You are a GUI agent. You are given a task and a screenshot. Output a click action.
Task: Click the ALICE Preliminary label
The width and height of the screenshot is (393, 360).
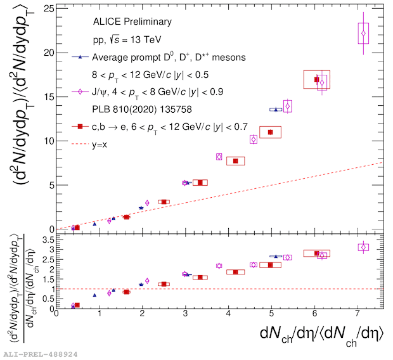132,22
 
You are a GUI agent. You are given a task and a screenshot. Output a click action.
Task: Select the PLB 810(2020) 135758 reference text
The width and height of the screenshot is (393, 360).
132,109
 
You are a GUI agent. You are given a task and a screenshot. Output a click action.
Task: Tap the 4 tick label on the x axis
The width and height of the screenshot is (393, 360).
228,312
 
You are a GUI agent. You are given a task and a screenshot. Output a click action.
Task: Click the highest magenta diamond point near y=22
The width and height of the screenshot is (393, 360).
363,33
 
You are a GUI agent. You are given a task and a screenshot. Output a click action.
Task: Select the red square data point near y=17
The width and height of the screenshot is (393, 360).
317,79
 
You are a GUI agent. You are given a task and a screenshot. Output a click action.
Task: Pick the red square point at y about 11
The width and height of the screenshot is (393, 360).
271,132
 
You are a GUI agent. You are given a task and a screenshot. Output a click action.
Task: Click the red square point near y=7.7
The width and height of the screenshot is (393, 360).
236,161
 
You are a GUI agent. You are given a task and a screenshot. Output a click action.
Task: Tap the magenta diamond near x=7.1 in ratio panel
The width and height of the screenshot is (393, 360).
363,247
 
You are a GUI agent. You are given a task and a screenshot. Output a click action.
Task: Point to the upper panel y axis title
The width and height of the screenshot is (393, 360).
18,117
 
